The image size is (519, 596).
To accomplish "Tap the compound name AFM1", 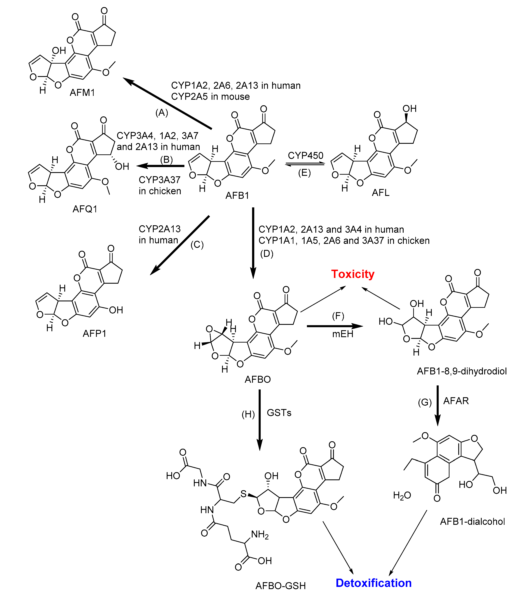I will (82, 93).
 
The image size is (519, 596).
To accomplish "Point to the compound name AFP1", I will (94, 334).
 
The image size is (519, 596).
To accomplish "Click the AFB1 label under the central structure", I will (237, 196).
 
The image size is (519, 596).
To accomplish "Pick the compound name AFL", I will (381, 193).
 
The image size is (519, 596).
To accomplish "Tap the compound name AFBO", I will (257, 379).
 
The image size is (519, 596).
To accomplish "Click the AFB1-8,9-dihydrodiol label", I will (462, 371).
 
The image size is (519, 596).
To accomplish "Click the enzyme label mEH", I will (343, 334).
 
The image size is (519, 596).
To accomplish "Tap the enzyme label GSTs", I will (279, 413).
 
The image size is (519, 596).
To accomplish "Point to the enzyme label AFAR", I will (456, 401).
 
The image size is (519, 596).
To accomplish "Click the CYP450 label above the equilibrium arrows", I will (306, 156).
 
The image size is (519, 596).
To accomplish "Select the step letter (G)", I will (425, 402).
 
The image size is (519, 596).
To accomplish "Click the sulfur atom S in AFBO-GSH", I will (243, 494).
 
